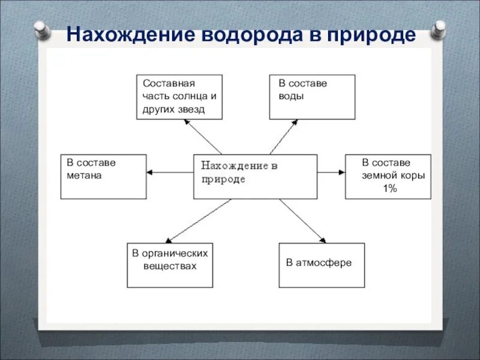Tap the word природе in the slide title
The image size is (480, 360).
tap(370, 34)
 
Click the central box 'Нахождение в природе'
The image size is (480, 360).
tap(255, 176)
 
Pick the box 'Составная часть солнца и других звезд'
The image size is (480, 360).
tap(179, 96)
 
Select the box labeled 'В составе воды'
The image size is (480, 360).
tap(312, 96)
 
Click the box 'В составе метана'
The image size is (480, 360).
tap(103, 176)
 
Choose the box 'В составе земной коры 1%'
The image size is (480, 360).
tap(388, 176)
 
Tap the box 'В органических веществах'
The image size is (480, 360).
tap(170, 265)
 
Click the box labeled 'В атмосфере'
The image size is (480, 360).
tap(322, 265)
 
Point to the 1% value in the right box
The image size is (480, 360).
tap(390, 188)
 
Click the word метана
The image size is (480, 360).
tap(84, 176)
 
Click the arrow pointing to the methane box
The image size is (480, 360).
tap(170, 173)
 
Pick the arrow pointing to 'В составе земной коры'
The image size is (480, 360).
tap(331, 173)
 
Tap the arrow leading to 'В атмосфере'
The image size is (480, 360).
tap(302, 220)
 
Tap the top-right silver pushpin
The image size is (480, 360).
tap(439, 28)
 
